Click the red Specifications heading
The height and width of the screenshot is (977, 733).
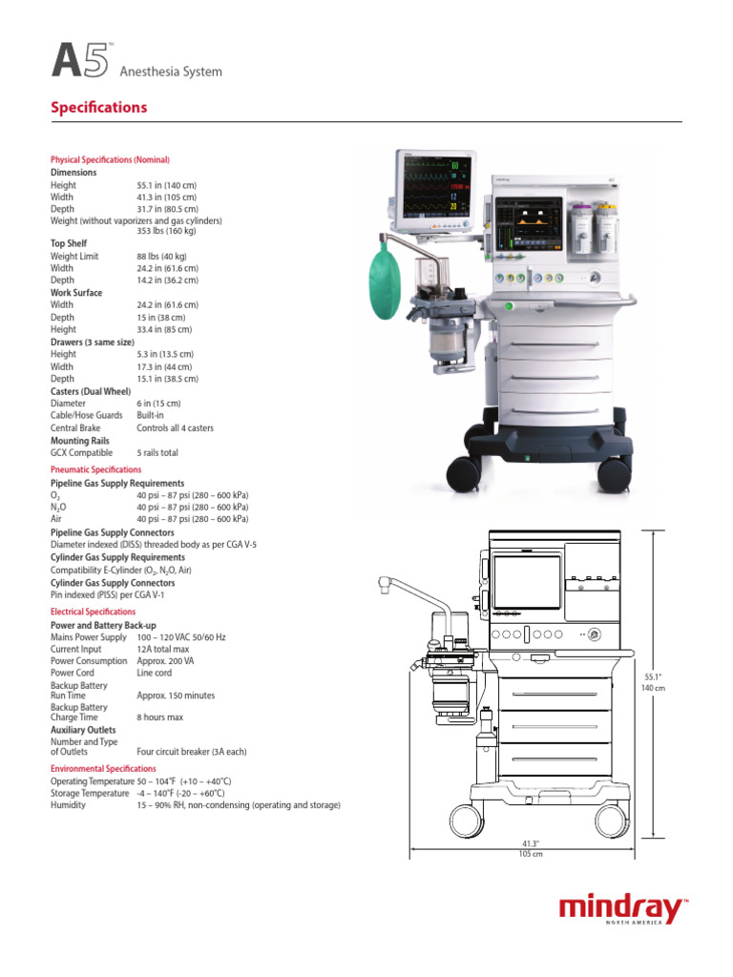pyautogui.click(x=98, y=108)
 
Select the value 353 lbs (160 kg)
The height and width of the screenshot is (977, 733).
pyautogui.click(x=166, y=232)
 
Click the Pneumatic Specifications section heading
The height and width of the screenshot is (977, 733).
pyautogui.click(x=95, y=470)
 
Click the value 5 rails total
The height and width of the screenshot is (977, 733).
pyautogui.click(x=157, y=453)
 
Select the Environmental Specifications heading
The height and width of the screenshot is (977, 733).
pyautogui.click(x=103, y=769)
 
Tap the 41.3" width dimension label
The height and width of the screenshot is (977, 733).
pyautogui.click(x=531, y=843)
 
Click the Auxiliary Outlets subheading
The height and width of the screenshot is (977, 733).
pyautogui.click(x=83, y=730)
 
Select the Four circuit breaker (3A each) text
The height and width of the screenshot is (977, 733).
pyautogui.click(x=191, y=752)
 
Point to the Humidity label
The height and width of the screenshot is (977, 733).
pyautogui.click(x=68, y=805)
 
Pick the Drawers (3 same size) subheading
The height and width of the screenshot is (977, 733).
pyautogui.click(x=93, y=342)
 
